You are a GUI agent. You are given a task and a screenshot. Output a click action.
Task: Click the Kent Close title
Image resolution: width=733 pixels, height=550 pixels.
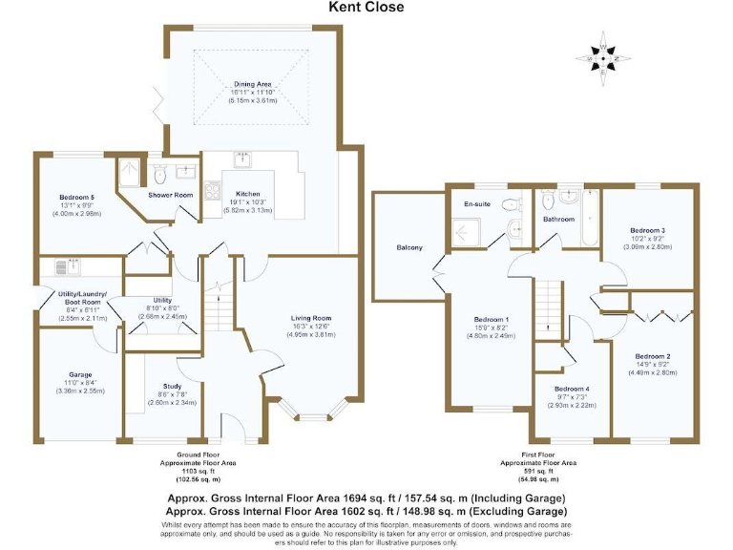coord(366,8)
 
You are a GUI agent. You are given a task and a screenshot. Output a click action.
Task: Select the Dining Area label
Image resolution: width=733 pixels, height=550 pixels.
coord(253,84)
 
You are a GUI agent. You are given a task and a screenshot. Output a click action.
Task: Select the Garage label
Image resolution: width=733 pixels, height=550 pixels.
coord(80,374)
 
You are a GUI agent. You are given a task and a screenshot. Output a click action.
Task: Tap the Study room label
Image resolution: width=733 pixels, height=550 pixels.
coord(174,385)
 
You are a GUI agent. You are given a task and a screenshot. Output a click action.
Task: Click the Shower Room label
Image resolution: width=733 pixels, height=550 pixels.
coord(170,196)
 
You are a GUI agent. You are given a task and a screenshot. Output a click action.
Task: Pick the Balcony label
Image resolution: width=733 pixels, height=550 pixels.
coord(409,248)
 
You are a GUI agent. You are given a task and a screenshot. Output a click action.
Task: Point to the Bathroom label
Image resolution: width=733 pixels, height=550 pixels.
coord(559,220)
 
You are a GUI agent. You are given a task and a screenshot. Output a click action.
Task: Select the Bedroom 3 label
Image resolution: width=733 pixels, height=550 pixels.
coord(647,230)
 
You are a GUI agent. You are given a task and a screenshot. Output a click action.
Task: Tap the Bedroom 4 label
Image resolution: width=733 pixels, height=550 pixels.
coord(571,389)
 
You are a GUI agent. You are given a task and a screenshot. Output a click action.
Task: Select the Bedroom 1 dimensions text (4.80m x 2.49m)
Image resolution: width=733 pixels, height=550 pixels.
coord(493,336)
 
